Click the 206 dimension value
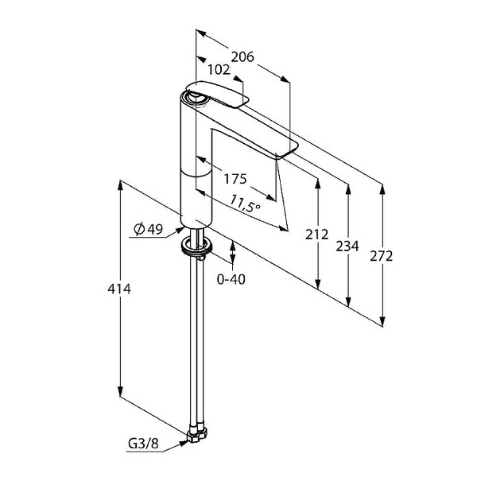pos(242,57)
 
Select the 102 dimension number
pos(219,70)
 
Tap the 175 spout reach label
pos(235,179)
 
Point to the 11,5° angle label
pos(245,204)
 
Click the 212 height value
pos(317,235)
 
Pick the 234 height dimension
pos(347,246)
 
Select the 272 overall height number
pos(382,257)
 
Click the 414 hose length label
pos(119,289)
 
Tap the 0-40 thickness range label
pos(231,279)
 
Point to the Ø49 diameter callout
pos(149,229)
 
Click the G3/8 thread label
pos(143,444)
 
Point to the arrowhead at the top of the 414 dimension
pos(121,185)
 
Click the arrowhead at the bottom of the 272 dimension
pos(382,321)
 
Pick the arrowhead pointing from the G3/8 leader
pos(184,443)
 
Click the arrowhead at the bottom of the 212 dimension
pos(318,284)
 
